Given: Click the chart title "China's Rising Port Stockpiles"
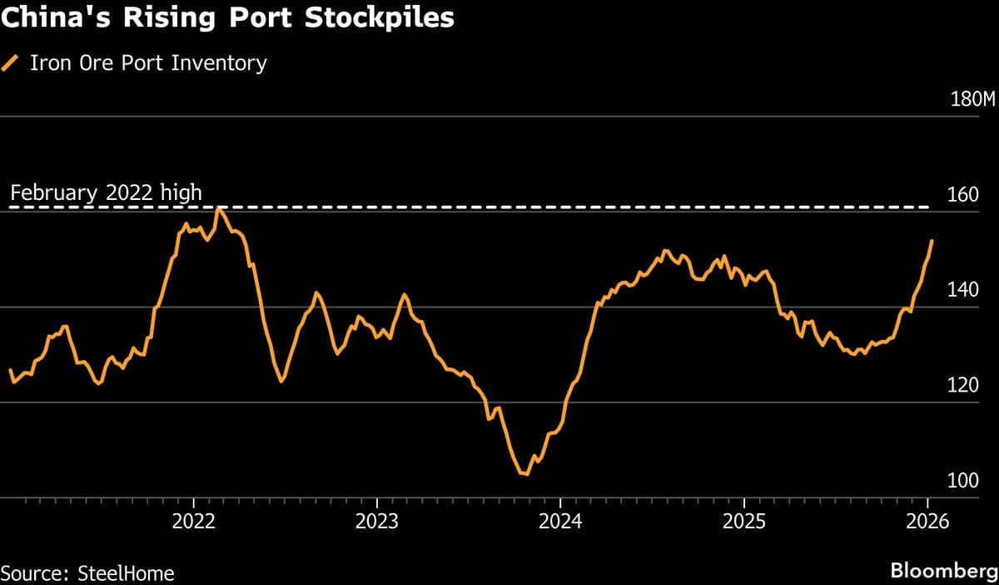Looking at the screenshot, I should [x=227, y=19].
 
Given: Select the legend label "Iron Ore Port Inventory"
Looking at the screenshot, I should [x=148, y=63].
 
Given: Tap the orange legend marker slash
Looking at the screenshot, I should [x=12, y=63].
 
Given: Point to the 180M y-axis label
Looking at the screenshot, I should [x=972, y=100].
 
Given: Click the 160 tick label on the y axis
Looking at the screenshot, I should [x=963, y=196].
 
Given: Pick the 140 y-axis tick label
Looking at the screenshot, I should [x=963, y=291].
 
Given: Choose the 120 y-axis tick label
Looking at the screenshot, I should [x=963, y=386].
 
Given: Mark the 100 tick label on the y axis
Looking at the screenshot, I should [x=963, y=482].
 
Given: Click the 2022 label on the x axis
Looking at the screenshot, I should [x=193, y=522].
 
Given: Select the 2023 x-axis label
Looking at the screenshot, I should [x=376, y=522].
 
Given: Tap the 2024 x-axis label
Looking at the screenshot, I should [x=560, y=522].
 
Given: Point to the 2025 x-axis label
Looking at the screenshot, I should [x=743, y=522].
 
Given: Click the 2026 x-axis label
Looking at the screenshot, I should [x=927, y=522].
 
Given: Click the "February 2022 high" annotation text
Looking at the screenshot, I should [x=106, y=193].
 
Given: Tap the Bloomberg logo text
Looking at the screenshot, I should [x=943, y=572].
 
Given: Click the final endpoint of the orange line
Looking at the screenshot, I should [x=932, y=240].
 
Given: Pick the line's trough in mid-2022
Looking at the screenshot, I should [x=281, y=382].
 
